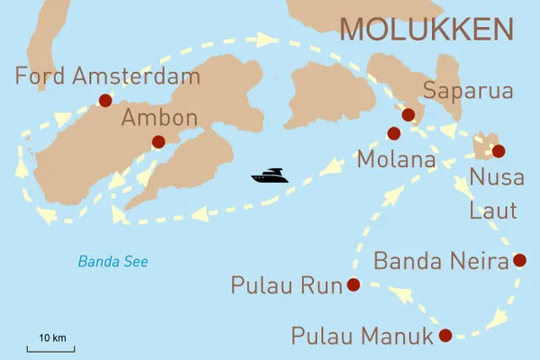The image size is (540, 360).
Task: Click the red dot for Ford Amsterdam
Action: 105,101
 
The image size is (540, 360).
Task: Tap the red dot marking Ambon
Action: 158,141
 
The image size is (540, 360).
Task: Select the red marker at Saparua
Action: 408,114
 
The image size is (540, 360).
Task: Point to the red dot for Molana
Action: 393,133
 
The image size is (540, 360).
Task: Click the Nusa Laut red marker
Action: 499,150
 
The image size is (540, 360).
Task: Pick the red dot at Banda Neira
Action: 518,261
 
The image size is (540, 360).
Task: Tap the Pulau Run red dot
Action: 353,285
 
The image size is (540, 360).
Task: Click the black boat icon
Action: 270,175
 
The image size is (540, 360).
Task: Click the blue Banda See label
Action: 112,262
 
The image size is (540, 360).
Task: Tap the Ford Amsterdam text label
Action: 106,76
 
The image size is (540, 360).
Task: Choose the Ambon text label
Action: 147,119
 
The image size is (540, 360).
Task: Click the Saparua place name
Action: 468,91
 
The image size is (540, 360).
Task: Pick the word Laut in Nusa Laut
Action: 494,211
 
